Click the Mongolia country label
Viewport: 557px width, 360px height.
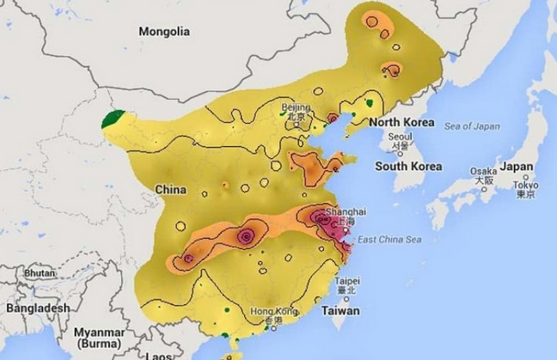pyautogui.click(x=164, y=31)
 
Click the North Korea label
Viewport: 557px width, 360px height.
pyautogui.click(x=402, y=123)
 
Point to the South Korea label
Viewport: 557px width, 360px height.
pyautogui.click(x=407, y=166)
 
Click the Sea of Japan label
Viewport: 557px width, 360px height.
pyautogui.click(x=472, y=126)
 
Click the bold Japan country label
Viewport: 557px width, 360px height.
pyautogui.click(x=517, y=166)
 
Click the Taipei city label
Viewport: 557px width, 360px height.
pyautogui.click(x=346, y=281)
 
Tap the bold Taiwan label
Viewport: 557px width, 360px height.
pyautogui.click(x=340, y=310)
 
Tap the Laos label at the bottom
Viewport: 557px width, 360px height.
pyautogui.click(x=160, y=355)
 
